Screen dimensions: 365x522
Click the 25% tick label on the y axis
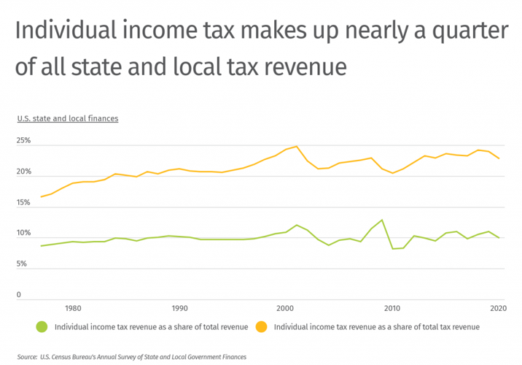point(24,141)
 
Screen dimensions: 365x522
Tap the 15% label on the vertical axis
point(24,203)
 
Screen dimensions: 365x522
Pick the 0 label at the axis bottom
point(20,295)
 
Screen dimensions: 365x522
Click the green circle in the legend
point(42,327)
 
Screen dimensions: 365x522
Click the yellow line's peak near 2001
point(296,146)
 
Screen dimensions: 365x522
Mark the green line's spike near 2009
point(382,220)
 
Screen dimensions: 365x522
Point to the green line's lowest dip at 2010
point(393,249)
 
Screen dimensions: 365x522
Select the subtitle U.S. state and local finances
point(68,118)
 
